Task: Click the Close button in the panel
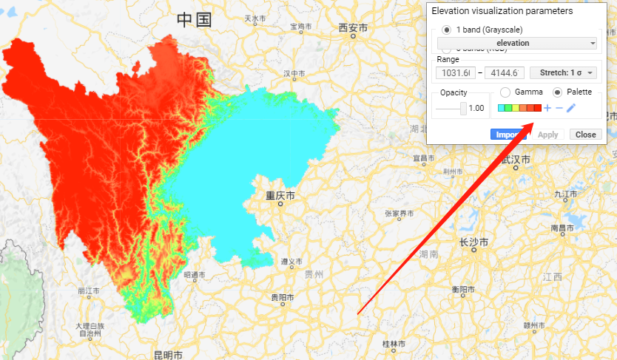(x=585, y=135)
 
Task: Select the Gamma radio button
(x=505, y=92)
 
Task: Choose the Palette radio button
(x=557, y=92)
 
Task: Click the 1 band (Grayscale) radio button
(x=446, y=30)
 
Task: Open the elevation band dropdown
(x=518, y=44)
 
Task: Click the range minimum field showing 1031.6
(x=456, y=72)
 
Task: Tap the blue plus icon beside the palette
(x=547, y=109)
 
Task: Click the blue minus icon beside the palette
(x=559, y=109)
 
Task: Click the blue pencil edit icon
(x=571, y=109)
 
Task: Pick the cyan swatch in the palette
(x=502, y=109)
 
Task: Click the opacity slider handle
(x=464, y=108)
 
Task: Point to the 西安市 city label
(x=353, y=28)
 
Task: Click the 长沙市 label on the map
(x=473, y=242)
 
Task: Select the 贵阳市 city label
(x=282, y=297)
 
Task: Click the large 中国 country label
(x=194, y=20)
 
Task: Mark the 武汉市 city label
(x=516, y=159)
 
